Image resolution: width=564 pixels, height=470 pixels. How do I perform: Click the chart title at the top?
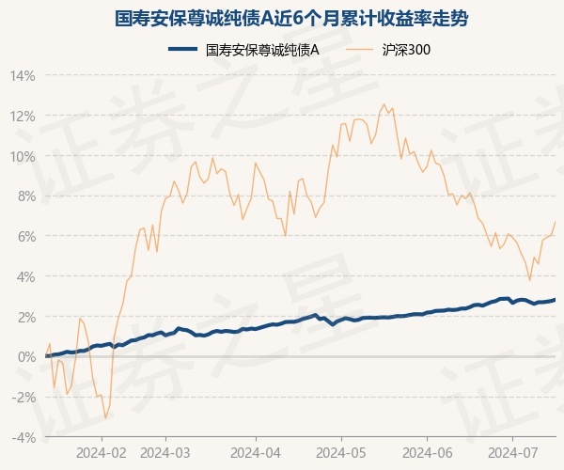tap(291, 19)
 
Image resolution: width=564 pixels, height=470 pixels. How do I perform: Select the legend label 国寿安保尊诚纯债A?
tap(262, 50)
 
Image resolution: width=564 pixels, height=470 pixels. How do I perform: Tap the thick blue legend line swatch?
tap(183, 49)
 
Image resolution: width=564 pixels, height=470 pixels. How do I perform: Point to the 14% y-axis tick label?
tap(23, 76)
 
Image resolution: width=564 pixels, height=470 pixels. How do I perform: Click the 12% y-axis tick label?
tap(23, 117)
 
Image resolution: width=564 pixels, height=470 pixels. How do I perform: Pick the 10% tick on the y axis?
tap(23, 157)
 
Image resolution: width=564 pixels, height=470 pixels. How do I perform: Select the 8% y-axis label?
tap(25, 196)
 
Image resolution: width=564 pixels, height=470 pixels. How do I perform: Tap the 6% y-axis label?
tap(25, 237)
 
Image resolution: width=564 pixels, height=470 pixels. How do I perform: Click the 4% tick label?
tap(25, 277)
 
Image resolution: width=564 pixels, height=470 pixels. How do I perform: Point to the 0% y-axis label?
tap(25, 357)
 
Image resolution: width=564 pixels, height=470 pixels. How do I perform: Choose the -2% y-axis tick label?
tap(23, 398)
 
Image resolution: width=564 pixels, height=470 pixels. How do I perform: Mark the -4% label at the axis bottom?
tap(23, 438)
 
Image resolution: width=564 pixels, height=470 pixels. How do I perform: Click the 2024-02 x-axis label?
tap(102, 453)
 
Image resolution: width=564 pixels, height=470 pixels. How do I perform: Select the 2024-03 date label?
tap(165, 453)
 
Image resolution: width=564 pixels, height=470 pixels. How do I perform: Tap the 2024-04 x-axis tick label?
tap(256, 453)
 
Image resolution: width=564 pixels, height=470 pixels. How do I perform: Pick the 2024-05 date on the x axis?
tap(341, 453)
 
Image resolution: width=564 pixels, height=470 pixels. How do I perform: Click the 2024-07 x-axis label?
tap(513, 453)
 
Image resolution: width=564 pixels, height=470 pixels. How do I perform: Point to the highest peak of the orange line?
tap(384, 104)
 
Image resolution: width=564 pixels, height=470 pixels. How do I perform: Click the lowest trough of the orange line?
tap(105, 418)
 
